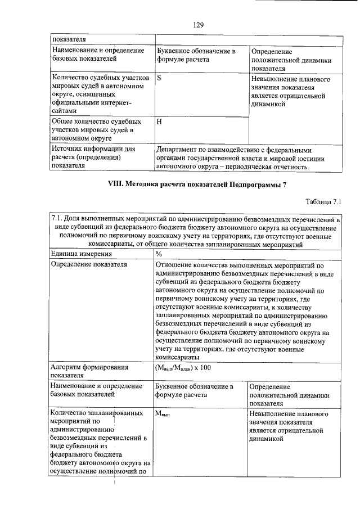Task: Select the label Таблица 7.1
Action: tap(323, 201)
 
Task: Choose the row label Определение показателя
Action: tap(88, 264)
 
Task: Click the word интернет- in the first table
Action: tap(115, 103)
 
